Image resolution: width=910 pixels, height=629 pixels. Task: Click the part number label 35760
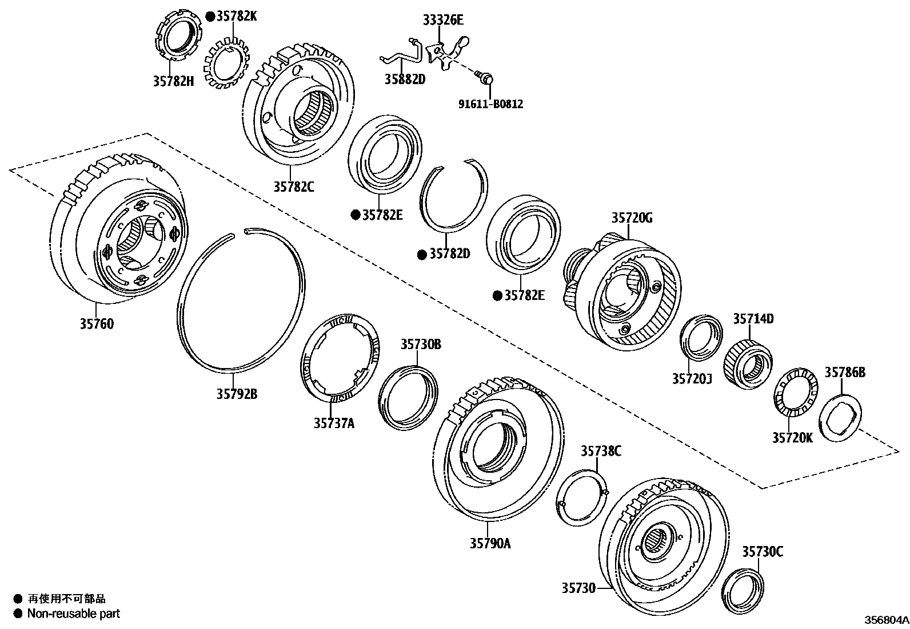coord(97,324)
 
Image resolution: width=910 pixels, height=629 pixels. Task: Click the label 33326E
coord(443,21)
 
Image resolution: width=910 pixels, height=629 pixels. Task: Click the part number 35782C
coord(293,186)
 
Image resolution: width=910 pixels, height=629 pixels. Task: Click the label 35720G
coord(632,218)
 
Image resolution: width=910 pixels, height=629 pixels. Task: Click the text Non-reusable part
coord(74,614)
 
